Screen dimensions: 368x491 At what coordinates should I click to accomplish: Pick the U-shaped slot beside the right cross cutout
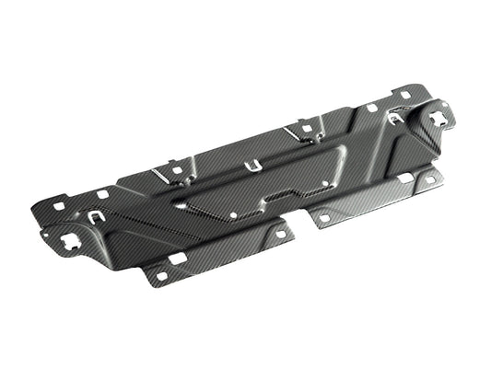[396, 118]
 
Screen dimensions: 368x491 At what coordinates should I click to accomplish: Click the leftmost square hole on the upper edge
[59, 206]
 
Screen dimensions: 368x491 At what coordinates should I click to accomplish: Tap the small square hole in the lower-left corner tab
[162, 275]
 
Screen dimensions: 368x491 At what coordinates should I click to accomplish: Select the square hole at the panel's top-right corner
[406, 95]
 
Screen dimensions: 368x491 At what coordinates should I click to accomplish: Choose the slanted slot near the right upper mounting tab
[297, 133]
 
